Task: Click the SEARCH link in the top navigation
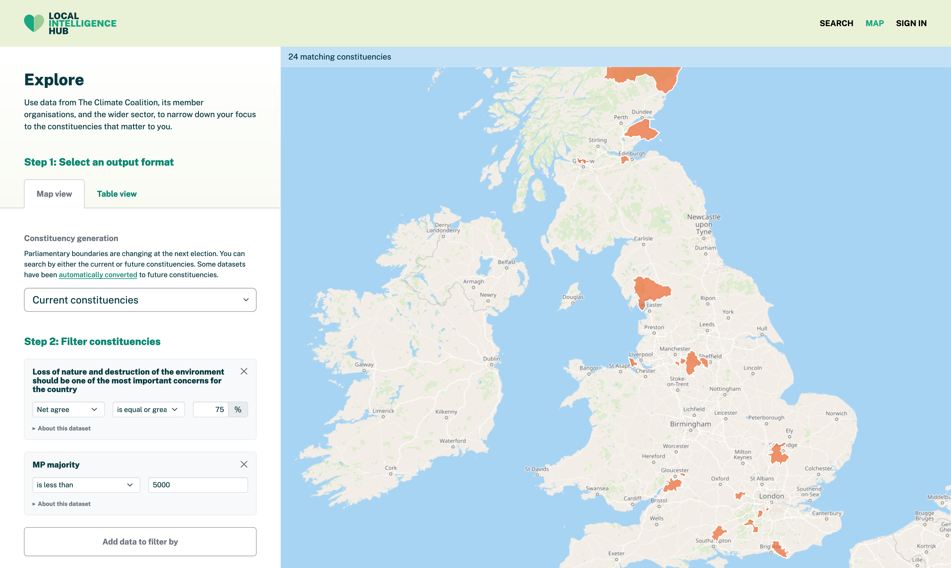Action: pos(836,23)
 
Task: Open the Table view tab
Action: pos(117,194)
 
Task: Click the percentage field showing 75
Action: pos(211,410)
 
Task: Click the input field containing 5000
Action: pos(198,485)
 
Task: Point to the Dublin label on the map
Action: pos(491,359)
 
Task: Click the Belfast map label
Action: pos(506,262)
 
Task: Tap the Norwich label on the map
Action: pos(836,413)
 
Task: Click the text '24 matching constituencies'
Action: pos(339,57)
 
